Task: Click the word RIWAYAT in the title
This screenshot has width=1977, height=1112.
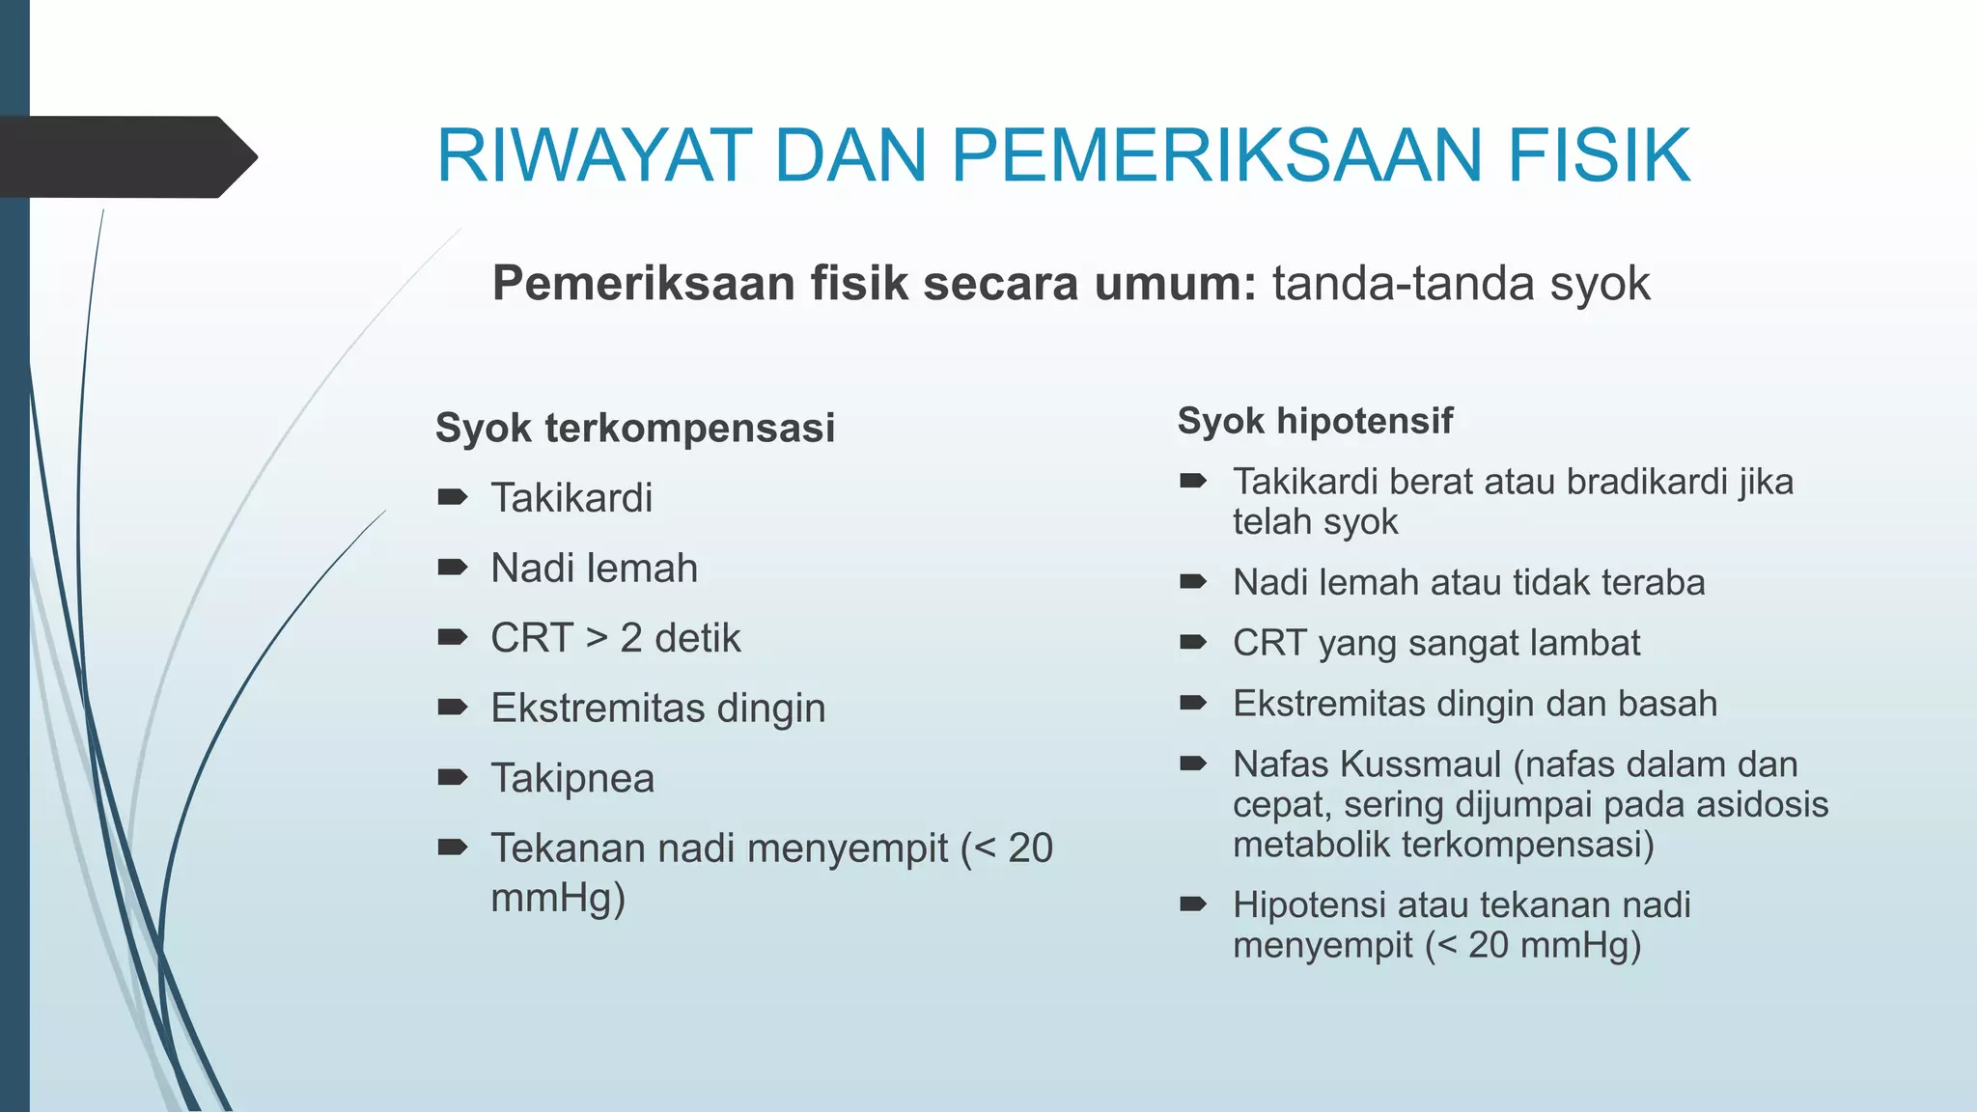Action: coord(594,155)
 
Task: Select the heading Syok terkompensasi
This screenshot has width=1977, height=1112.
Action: coord(634,428)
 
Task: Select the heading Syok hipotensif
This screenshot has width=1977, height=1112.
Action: coord(1315,421)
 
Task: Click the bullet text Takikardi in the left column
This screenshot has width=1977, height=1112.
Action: coord(571,498)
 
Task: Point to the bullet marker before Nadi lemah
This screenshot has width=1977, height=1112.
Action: coord(452,567)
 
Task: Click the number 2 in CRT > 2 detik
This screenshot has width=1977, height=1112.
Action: coord(631,638)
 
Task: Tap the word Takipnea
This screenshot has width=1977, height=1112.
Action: coord(572,778)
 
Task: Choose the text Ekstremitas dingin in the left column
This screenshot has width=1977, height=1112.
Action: coord(657,709)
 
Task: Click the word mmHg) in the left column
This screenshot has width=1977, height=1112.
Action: coord(558,898)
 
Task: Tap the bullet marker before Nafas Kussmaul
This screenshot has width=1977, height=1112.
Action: coord(1193,764)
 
